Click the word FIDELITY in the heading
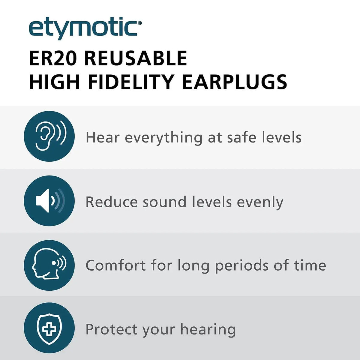127,82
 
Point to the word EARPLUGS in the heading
235,82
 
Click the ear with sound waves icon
49,136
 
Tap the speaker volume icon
49,201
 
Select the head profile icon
49,265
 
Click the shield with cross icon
49,328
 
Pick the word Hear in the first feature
102,138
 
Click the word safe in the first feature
242,138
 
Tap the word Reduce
111,202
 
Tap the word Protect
111,329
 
